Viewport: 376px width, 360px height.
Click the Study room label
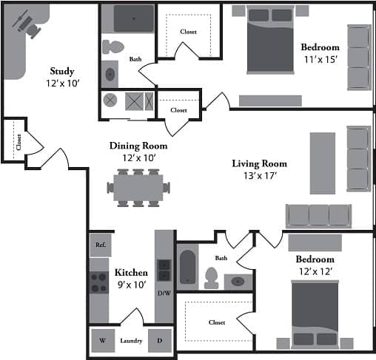(x=62, y=71)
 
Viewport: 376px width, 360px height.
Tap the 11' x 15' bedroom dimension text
(x=320, y=59)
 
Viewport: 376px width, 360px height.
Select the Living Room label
(x=259, y=163)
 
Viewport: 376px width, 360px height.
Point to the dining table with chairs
(x=138, y=186)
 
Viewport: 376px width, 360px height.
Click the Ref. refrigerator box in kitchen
(x=100, y=244)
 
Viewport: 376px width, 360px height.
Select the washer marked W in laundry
(x=102, y=341)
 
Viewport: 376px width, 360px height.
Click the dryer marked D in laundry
(x=159, y=341)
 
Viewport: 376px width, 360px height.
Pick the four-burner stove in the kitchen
(x=99, y=282)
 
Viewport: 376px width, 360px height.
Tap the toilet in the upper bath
(x=113, y=47)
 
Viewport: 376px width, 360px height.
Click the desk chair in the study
(x=33, y=27)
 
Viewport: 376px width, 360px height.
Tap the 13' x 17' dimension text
(x=259, y=177)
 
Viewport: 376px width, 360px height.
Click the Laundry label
(x=131, y=342)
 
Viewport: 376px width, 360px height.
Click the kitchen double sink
(x=164, y=271)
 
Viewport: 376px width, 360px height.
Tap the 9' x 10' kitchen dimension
(x=131, y=284)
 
